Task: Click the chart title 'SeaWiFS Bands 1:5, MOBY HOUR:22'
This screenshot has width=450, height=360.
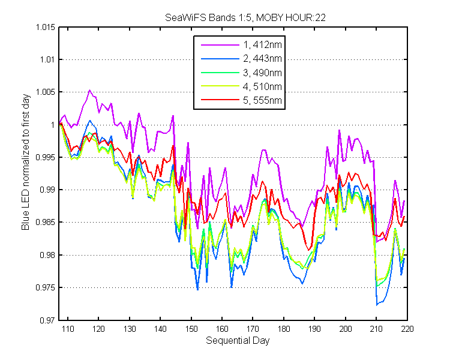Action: pyautogui.click(x=245, y=18)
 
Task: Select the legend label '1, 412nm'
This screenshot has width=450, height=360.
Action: pyautogui.click(x=262, y=45)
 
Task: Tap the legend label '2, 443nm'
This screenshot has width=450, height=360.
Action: pyautogui.click(x=262, y=59)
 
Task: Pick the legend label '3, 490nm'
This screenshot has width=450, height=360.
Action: pyautogui.click(x=262, y=73)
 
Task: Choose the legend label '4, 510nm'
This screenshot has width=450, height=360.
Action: pyautogui.click(x=262, y=86)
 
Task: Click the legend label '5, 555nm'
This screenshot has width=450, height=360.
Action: pyautogui.click(x=262, y=100)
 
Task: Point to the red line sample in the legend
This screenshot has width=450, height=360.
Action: pyautogui.click(x=220, y=100)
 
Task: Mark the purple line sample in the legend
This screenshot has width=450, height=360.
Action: pyautogui.click(x=220, y=45)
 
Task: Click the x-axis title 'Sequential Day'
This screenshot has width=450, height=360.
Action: pyautogui.click(x=238, y=341)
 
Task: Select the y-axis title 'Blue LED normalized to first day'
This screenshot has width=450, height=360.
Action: pyautogui.click(x=26, y=162)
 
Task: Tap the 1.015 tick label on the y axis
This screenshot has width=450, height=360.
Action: pyautogui.click(x=46, y=27)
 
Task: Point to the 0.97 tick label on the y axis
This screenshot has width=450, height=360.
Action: pyautogui.click(x=47, y=320)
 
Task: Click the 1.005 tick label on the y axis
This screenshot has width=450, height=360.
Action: pyautogui.click(x=46, y=92)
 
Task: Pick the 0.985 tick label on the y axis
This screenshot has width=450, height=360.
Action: pyautogui.click(x=46, y=222)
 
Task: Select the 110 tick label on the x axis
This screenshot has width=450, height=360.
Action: pyautogui.click(x=68, y=329)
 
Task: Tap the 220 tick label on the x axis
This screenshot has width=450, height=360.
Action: pyautogui.click(x=407, y=329)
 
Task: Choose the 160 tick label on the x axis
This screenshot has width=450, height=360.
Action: pyautogui.click(x=222, y=329)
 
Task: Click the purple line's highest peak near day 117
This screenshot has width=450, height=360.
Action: pyautogui.click(x=89, y=90)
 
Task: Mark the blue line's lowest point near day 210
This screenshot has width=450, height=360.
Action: pyautogui.click(x=377, y=305)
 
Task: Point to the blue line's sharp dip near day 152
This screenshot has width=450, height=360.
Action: pyautogui.click(x=197, y=290)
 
